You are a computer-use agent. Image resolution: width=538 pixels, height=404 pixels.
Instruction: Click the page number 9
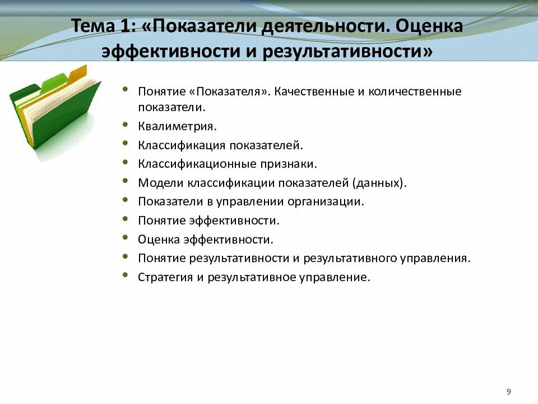508,392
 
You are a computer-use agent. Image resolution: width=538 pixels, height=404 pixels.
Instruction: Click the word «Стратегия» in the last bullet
165,277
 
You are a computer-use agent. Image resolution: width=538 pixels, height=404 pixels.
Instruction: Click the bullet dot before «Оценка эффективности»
125,238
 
